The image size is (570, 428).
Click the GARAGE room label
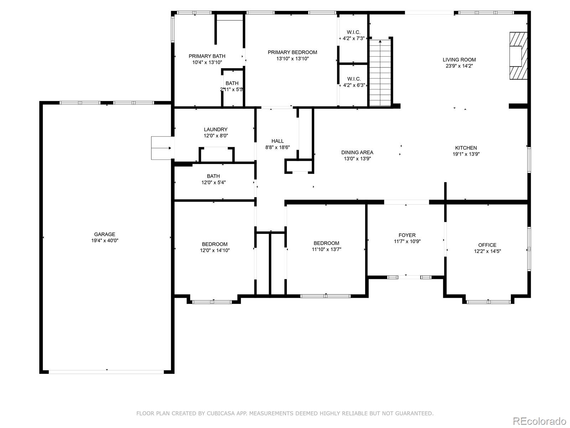tap(104, 234)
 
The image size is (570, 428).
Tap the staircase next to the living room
tap(380, 73)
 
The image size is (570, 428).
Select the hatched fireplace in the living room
tap(518, 56)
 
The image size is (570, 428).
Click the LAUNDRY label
tap(216, 129)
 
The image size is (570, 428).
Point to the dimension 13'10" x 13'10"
tap(292, 58)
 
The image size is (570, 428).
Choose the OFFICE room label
tap(487, 245)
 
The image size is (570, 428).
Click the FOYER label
tap(407, 235)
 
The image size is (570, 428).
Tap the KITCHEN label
tap(466, 148)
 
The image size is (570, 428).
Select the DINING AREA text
tap(357, 153)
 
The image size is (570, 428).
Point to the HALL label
tap(278, 141)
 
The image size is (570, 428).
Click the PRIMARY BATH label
tap(207, 56)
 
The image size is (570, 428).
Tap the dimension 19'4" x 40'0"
tap(104, 240)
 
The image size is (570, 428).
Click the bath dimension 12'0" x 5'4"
tap(213, 182)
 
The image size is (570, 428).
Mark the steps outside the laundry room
tap(161, 148)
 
